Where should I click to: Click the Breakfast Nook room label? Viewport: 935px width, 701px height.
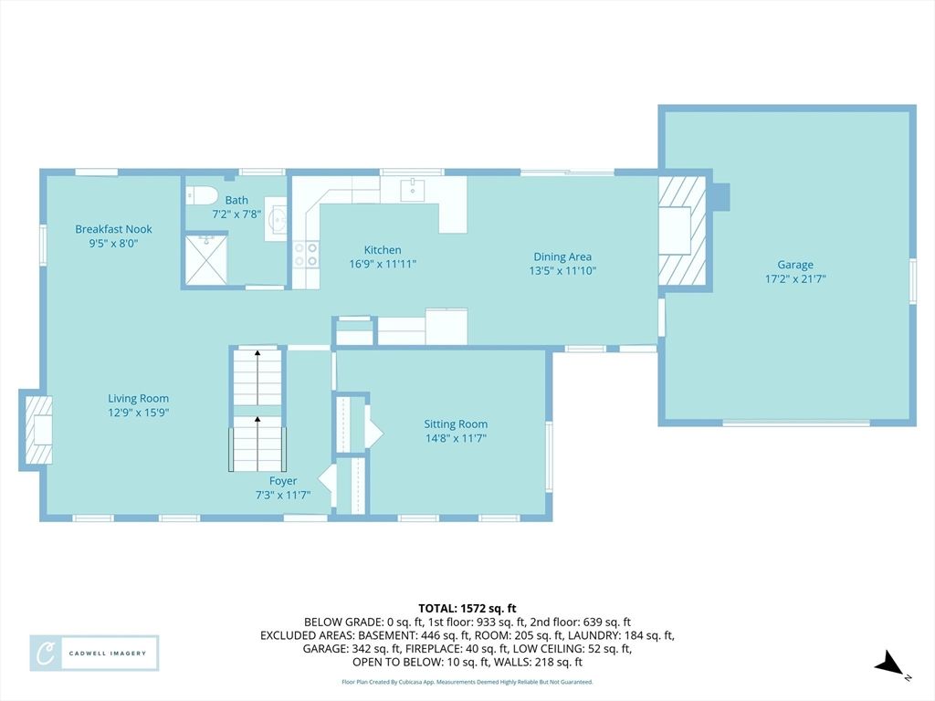(x=113, y=229)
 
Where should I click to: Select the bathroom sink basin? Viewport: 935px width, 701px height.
(x=277, y=218)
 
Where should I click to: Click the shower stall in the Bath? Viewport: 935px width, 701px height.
(x=205, y=260)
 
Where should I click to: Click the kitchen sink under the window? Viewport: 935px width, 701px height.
(x=413, y=190)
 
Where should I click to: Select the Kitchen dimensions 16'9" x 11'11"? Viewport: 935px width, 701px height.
(x=383, y=264)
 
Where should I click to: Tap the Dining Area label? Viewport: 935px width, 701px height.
(x=562, y=256)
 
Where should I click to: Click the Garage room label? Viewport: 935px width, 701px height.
(x=795, y=265)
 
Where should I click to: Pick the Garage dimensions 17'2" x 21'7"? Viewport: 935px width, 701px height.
(x=795, y=278)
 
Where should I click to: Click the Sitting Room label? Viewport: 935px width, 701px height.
(x=456, y=424)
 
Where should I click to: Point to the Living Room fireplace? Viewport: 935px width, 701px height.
(x=37, y=430)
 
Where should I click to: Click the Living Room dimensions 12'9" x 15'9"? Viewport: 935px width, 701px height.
(x=139, y=413)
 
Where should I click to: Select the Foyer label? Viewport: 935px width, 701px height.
(x=283, y=481)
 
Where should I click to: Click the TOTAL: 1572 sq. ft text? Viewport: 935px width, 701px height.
(x=467, y=609)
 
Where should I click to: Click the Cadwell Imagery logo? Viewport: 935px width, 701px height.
(x=94, y=654)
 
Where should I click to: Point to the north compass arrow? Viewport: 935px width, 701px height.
(x=889, y=664)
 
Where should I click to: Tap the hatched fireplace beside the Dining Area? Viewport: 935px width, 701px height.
(x=682, y=231)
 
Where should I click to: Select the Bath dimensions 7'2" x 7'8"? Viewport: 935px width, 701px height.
(x=236, y=214)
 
